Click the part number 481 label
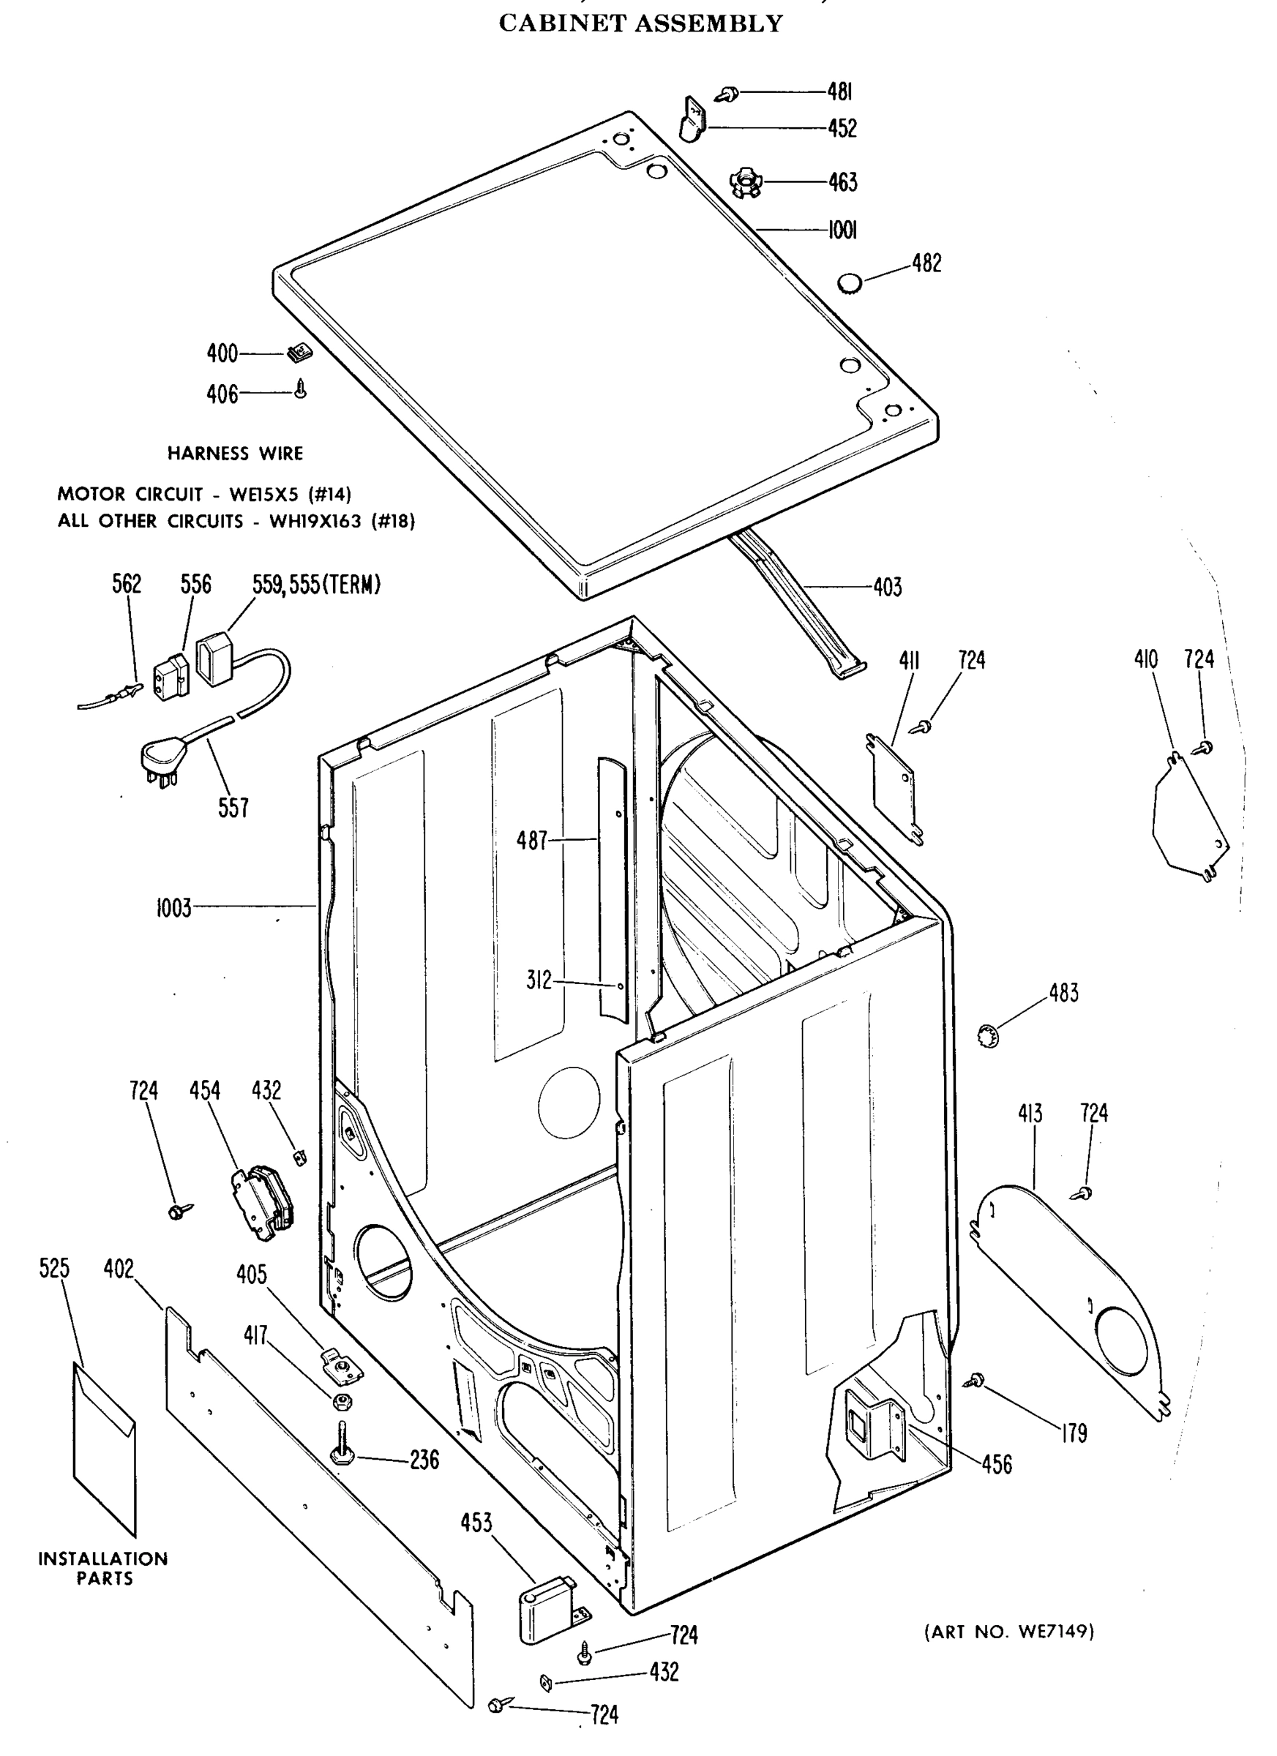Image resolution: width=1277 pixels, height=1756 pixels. [x=839, y=92]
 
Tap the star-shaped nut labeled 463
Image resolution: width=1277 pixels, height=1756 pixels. [x=745, y=183]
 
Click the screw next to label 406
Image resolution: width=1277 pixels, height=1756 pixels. [x=302, y=389]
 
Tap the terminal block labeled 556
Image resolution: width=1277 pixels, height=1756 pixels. [x=171, y=675]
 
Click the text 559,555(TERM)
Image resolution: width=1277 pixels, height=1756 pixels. [x=317, y=585]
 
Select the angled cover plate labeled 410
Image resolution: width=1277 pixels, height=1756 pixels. [x=1188, y=821]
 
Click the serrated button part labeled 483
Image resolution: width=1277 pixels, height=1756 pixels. [x=989, y=1034]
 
